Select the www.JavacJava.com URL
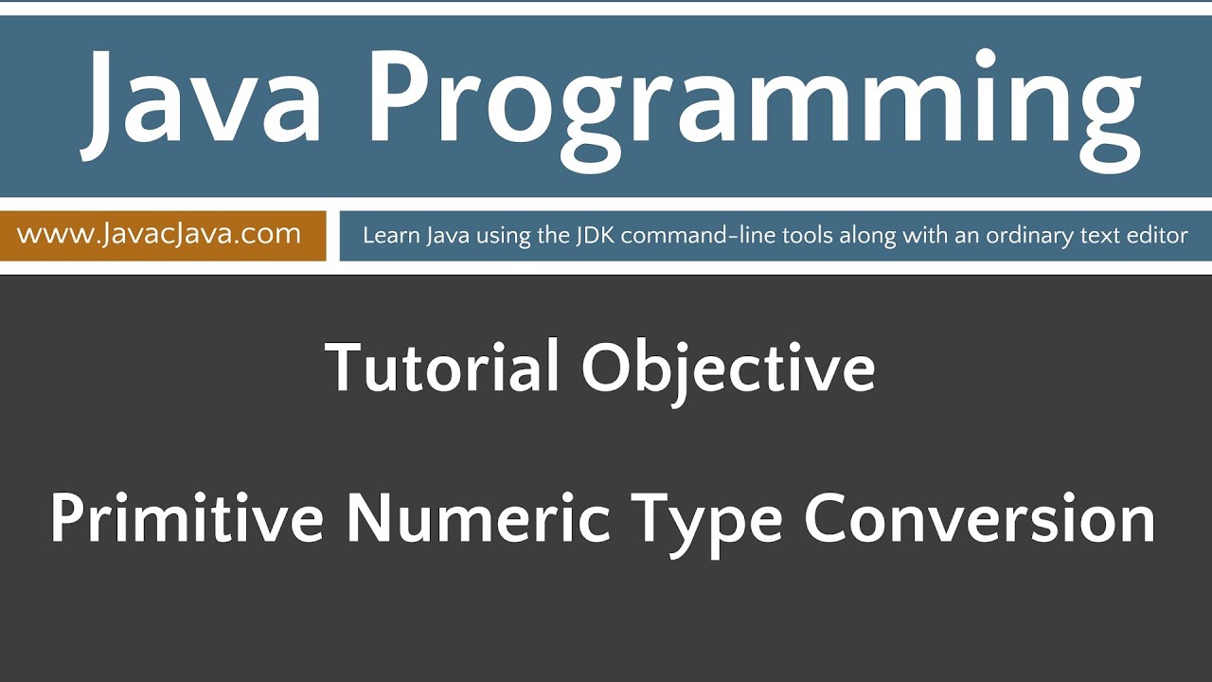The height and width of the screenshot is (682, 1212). coord(159,234)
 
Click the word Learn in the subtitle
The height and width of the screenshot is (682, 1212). coord(388,235)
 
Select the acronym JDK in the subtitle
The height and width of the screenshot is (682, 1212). coord(595,235)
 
